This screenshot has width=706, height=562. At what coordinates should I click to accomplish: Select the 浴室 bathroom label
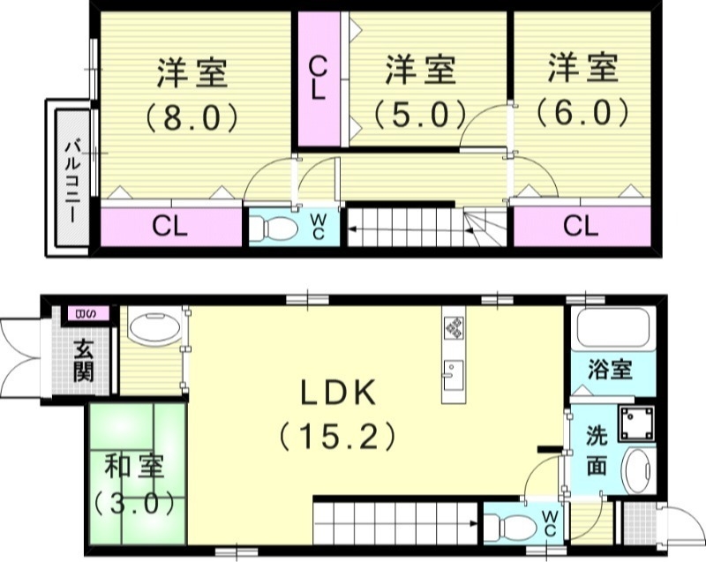click(x=610, y=368)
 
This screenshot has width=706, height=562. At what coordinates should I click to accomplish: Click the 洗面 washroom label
click(x=597, y=450)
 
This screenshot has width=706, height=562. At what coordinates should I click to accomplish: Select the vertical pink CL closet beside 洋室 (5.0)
click(x=318, y=79)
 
